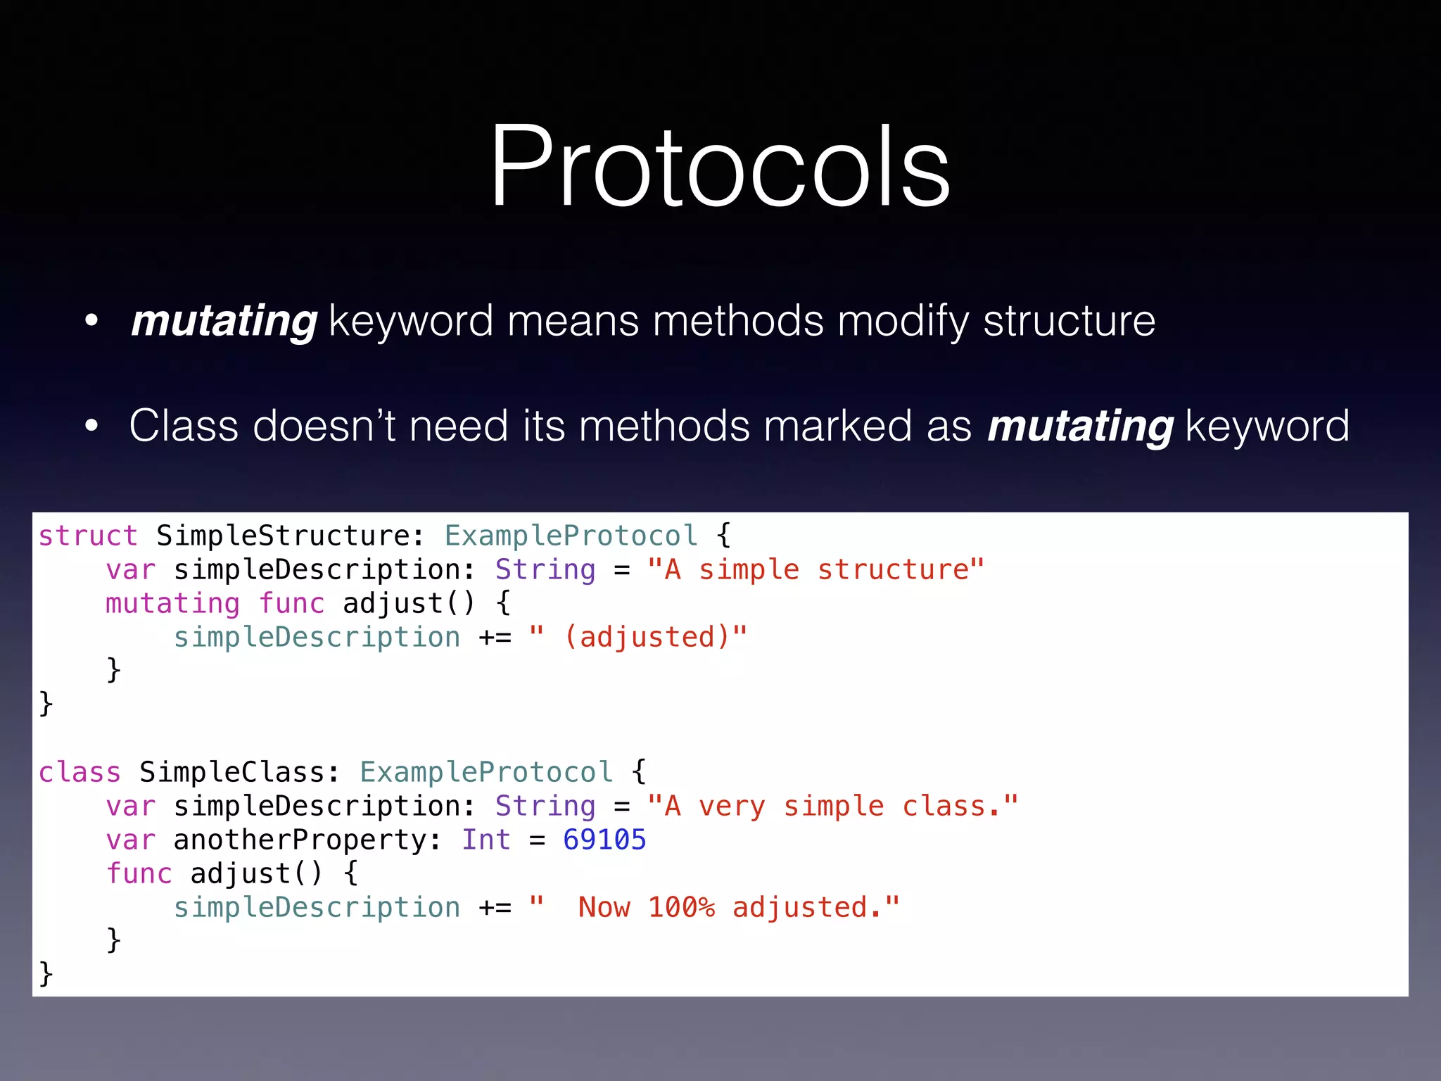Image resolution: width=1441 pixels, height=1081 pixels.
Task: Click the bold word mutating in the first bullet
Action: click(224, 321)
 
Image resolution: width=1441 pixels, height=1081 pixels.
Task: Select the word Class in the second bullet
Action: click(184, 426)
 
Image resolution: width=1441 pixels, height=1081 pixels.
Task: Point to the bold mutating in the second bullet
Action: click(1080, 426)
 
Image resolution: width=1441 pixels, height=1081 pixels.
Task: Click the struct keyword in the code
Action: click(87, 536)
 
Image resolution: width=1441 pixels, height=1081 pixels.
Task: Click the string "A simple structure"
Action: click(815, 570)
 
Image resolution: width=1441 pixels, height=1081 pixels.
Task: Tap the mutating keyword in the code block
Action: click(172, 604)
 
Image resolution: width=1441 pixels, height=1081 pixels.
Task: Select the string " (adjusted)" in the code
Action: click(637, 638)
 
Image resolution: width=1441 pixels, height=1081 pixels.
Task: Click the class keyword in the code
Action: click(80, 773)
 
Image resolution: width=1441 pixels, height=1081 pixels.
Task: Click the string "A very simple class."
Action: click(832, 807)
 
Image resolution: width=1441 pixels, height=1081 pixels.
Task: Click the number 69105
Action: click(604, 840)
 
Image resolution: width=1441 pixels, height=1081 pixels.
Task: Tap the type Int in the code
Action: click(485, 840)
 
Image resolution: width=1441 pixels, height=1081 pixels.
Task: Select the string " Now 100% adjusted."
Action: click(714, 908)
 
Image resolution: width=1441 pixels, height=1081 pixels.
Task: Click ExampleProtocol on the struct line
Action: click(571, 536)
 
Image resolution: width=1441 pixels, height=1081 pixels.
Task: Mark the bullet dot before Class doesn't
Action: click(91, 426)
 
